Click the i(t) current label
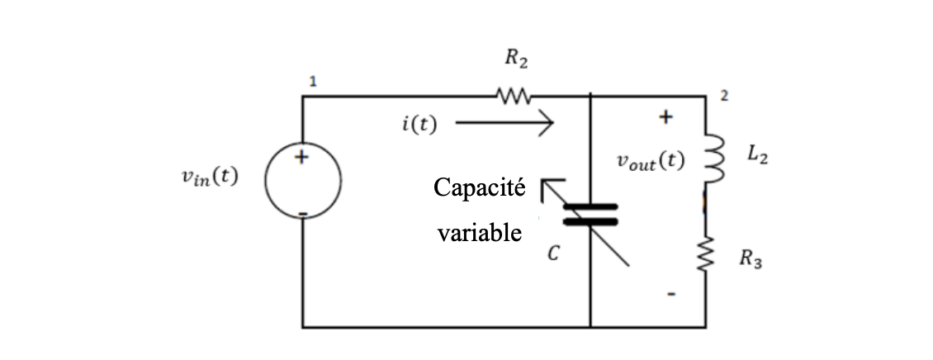(x=419, y=126)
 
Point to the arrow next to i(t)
(x=504, y=126)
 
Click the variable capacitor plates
(x=590, y=214)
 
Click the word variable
(x=479, y=233)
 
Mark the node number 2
(x=723, y=96)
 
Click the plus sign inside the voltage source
(x=302, y=157)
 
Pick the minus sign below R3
(x=673, y=293)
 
